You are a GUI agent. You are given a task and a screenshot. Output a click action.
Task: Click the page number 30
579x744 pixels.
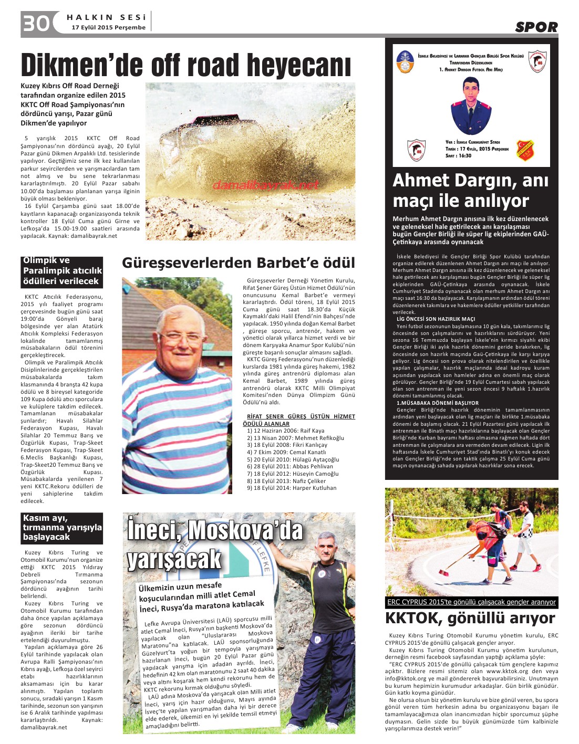36,24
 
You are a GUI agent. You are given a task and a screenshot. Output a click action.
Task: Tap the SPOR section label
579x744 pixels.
536,27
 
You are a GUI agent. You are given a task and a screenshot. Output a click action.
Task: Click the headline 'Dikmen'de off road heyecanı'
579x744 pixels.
185,66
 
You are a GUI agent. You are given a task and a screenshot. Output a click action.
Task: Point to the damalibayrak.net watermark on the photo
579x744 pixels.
266,185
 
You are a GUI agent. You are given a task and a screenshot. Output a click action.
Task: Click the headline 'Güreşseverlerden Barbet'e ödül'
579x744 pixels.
239,263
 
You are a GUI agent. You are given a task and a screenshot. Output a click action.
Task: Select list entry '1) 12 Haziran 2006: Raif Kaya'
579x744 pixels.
285,431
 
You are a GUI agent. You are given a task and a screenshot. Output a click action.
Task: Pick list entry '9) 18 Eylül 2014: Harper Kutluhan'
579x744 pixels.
292,488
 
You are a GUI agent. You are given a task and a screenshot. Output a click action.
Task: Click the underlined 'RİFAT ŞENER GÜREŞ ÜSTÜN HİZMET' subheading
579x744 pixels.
301,416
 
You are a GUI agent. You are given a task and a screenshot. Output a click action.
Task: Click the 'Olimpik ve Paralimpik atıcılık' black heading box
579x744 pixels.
61,271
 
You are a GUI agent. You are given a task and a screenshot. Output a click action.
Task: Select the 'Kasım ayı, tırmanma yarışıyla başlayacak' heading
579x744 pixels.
61,527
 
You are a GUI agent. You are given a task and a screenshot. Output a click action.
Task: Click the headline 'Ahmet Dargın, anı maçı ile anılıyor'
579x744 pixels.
470,190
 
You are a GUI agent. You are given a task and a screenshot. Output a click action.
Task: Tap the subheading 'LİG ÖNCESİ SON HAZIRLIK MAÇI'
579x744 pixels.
436,319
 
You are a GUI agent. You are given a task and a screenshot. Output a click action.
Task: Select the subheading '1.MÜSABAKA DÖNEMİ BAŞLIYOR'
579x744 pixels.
437,403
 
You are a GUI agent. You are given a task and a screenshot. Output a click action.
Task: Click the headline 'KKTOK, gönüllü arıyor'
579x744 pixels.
470,617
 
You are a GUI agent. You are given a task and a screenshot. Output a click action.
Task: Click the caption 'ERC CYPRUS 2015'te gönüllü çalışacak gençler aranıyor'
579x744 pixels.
471,602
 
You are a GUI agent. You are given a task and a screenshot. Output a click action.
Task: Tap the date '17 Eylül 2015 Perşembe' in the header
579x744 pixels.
108,27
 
